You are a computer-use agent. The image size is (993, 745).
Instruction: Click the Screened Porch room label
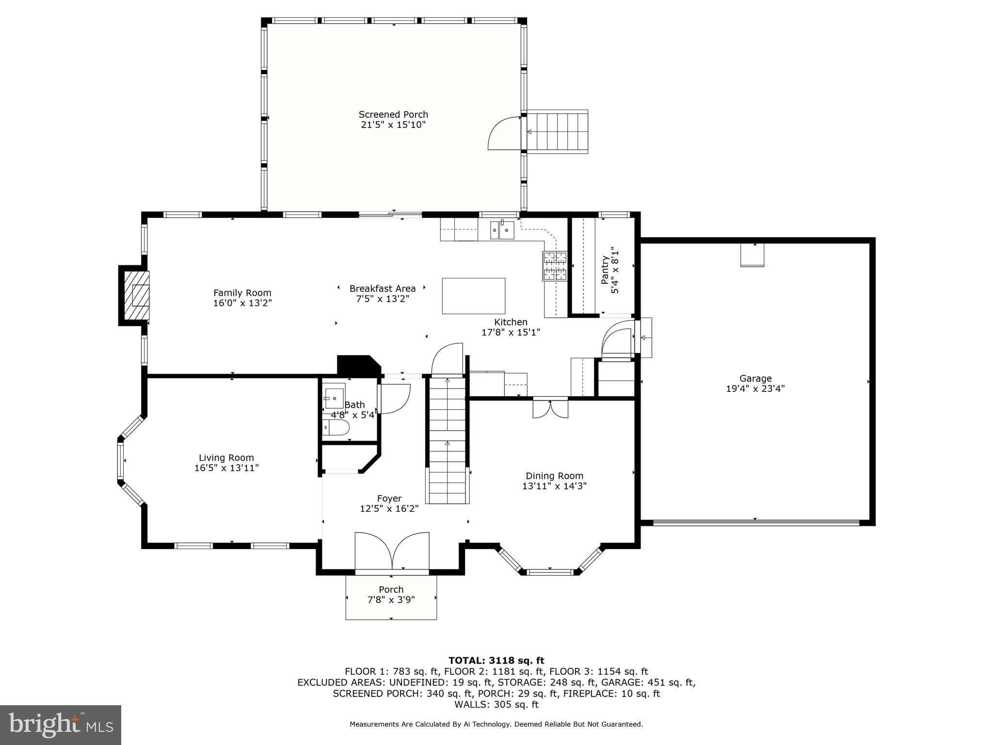point(393,114)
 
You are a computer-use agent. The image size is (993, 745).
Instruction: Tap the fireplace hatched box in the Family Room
point(137,295)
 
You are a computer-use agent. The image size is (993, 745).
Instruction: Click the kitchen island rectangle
point(473,296)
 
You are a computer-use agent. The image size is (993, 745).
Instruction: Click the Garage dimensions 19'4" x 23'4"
point(755,389)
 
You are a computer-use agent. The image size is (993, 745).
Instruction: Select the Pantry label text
point(605,270)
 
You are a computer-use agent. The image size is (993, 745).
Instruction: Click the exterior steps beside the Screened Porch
point(558,131)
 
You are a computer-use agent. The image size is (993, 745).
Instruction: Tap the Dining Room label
point(555,476)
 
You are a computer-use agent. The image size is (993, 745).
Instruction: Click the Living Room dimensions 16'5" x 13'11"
point(226,468)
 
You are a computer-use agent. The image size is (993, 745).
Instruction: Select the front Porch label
point(391,589)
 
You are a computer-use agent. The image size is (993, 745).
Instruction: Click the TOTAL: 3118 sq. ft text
point(496,661)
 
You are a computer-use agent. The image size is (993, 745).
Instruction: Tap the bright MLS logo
point(61,725)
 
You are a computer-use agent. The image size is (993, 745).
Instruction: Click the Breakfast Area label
point(383,289)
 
